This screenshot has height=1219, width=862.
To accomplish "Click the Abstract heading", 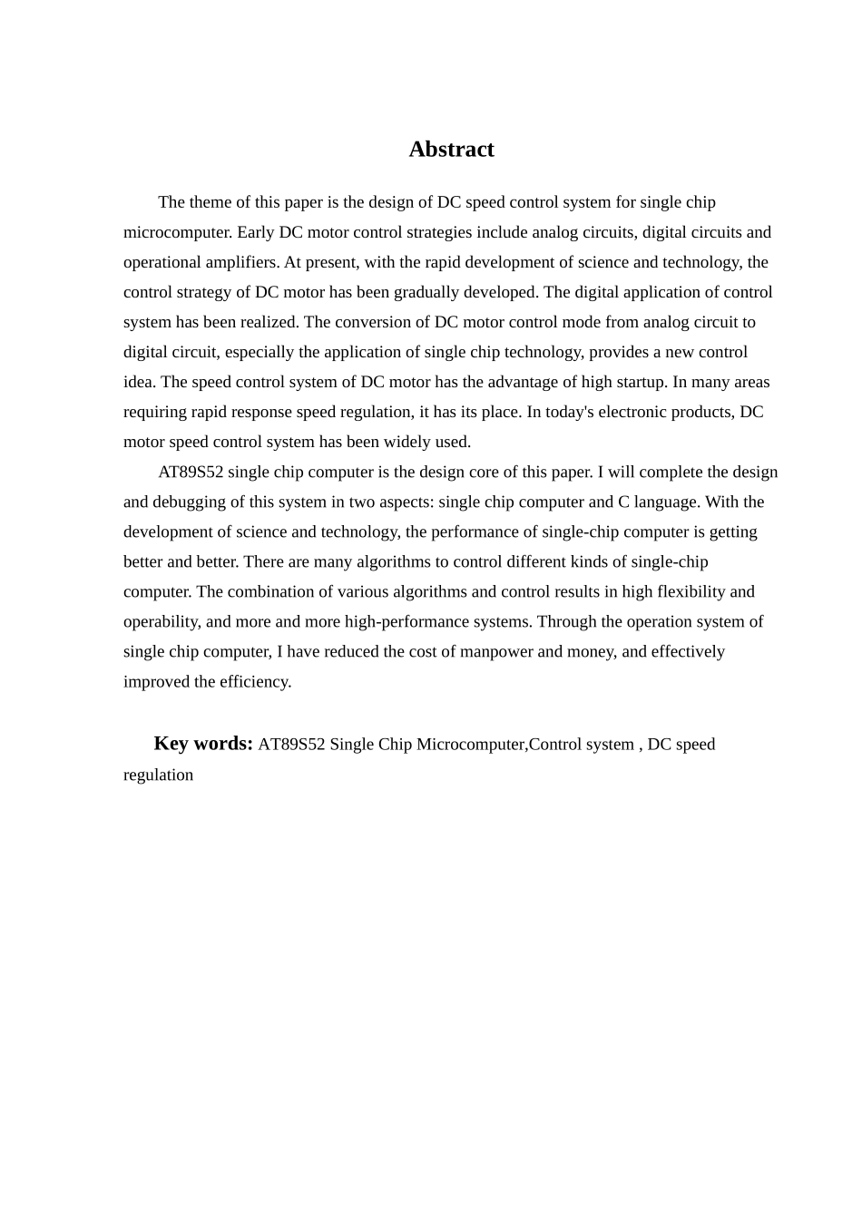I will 451,150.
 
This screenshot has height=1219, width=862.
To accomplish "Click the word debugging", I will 192,502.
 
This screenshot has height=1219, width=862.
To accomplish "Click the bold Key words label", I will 203,744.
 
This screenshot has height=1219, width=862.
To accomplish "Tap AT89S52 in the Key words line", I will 291,745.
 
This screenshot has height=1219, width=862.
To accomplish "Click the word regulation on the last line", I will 159,775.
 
